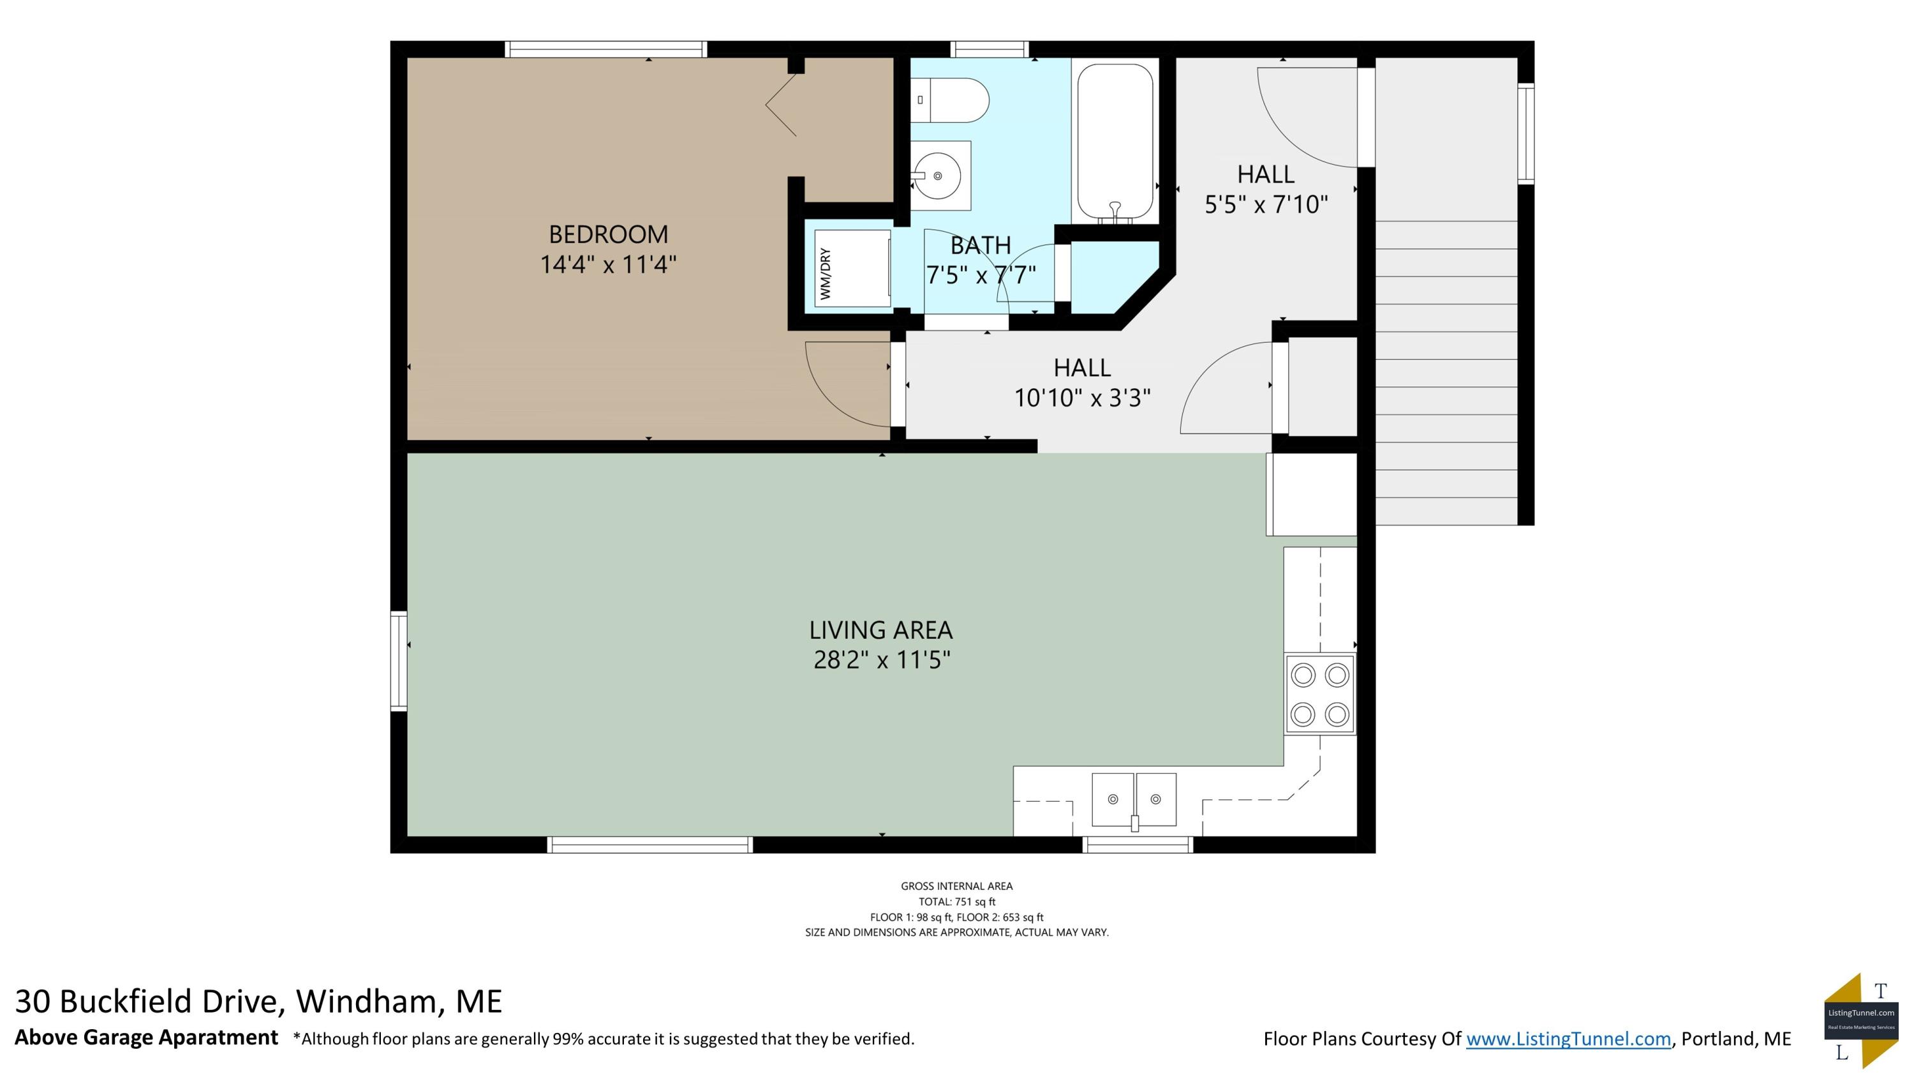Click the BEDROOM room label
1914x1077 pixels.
609,235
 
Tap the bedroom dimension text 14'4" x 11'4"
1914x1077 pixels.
609,264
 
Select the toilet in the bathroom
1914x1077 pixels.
949,100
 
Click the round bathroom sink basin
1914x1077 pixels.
937,176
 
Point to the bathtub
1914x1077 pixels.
1115,142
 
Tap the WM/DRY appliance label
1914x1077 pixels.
826,275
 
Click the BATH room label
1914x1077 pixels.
981,245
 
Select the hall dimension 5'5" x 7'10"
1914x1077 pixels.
1266,204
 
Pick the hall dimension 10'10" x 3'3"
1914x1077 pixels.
1083,398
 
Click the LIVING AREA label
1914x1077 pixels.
881,630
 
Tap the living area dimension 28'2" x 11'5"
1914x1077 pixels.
882,660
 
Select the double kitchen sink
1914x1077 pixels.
1134,801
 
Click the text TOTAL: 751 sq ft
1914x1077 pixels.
957,901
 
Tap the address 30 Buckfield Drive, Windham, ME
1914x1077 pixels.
258,1002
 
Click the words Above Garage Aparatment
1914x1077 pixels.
146,1037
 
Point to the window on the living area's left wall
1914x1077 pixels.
399,661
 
